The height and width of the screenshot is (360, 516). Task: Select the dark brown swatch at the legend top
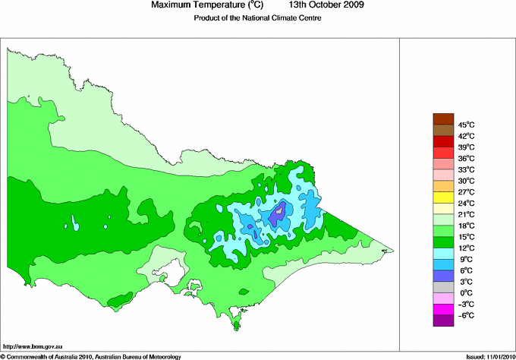(x=442, y=118)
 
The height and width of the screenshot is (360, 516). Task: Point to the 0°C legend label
(x=464, y=292)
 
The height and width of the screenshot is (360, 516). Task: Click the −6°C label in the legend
(x=464, y=315)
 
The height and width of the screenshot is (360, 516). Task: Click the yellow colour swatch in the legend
(x=442, y=196)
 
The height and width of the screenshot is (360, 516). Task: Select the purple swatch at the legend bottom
(x=442, y=320)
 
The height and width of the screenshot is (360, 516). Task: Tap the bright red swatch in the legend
(x=442, y=151)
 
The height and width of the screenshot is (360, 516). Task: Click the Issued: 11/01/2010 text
(x=486, y=355)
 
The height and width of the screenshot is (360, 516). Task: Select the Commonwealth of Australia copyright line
(x=91, y=355)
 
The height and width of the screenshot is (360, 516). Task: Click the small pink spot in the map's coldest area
(x=280, y=210)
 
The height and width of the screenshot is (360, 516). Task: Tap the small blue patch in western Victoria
(x=75, y=223)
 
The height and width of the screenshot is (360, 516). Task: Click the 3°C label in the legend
(x=464, y=281)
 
